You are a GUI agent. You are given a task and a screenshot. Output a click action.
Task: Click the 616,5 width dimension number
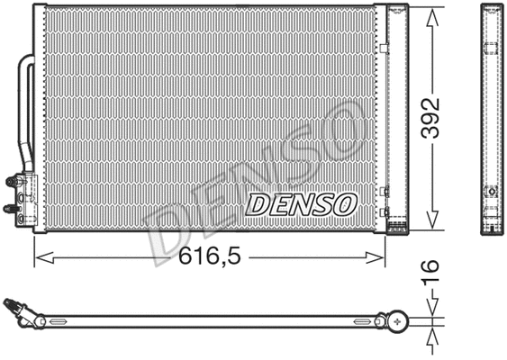[208, 256]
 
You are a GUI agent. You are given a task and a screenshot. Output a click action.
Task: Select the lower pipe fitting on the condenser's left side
[12, 208]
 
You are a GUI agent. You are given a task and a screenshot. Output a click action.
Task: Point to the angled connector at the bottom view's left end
[23, 312]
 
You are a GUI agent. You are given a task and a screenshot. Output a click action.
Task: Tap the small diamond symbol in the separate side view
[493, 192]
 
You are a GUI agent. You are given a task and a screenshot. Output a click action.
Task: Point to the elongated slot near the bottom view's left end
[63, 320]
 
